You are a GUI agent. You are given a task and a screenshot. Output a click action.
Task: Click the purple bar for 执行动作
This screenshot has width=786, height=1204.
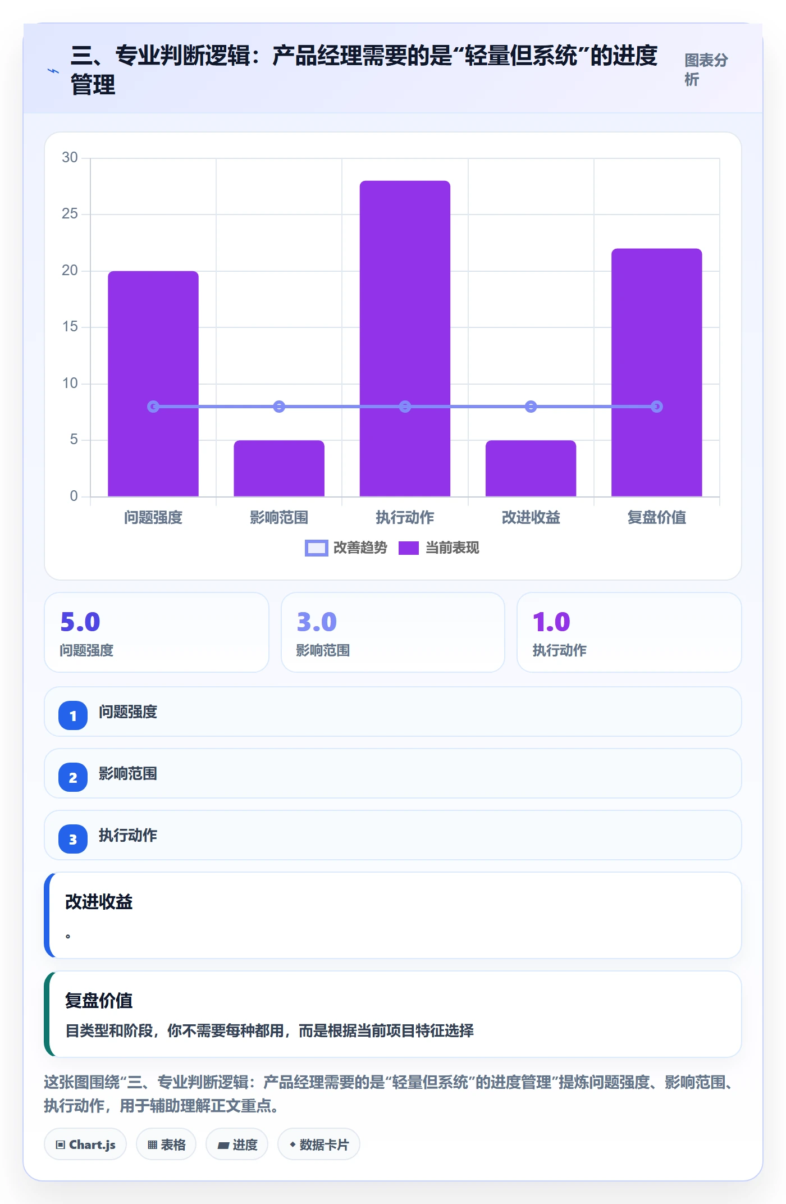[405, 339]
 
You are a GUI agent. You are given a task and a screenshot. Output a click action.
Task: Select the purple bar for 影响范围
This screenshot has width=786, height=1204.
[279, 468]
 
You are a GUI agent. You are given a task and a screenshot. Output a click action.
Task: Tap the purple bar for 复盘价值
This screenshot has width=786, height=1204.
[656, 372]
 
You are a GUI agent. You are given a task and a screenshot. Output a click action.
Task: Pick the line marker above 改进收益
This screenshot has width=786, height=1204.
[531, 407]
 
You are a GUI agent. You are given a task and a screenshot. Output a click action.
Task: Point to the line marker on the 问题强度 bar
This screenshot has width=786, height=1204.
[153, 407]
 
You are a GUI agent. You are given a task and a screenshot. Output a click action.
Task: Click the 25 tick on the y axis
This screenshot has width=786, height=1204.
[70, 214]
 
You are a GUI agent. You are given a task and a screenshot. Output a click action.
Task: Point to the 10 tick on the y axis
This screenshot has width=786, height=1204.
[70, 384]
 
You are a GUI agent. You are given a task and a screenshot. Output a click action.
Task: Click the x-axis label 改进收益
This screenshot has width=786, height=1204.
[531, 517]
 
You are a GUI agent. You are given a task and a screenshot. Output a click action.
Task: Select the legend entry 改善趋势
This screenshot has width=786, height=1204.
[346, 548]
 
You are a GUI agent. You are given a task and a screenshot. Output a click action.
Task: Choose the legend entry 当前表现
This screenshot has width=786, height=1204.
[438, 548]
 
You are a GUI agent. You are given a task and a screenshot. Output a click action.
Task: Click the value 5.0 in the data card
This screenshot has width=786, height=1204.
[80, 622]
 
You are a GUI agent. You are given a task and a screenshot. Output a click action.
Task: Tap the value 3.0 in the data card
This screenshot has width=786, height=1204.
[317, 622]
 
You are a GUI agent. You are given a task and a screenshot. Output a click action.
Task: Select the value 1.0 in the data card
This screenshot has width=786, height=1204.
[551, 622]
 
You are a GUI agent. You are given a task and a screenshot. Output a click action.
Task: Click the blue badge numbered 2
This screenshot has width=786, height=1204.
[73, 777]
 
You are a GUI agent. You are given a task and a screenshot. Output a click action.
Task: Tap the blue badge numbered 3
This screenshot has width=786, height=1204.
[73, 839]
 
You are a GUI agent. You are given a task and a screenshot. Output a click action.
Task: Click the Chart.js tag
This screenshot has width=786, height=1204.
[85, 1144]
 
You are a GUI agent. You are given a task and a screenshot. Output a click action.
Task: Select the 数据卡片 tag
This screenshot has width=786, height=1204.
[319, 1144]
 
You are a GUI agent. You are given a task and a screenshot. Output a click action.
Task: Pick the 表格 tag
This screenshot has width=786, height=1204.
[166, 1144]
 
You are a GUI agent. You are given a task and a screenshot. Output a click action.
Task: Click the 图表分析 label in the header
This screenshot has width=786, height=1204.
[706, 70]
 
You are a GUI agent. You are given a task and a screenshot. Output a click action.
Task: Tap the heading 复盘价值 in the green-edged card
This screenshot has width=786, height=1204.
[99, 1000]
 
